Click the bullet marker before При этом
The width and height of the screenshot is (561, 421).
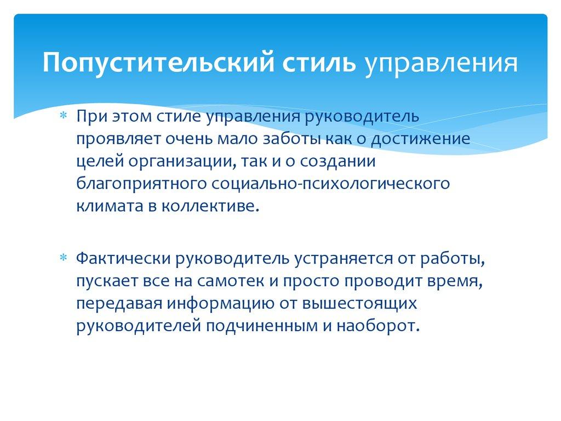click(64, 117)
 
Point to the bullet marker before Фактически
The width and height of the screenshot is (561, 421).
click(64, 258)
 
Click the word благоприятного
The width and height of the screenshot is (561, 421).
click(140, 184)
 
